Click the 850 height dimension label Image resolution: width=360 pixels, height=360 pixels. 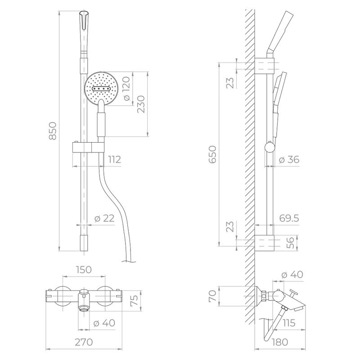(x=53, y=130)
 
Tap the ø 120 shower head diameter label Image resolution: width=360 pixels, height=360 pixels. (x=126, y=89)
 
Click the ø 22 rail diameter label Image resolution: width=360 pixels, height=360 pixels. (x=104, y=219)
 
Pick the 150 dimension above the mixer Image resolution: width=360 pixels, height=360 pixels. (x=84, y=270)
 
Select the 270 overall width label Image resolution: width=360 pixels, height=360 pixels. (x=84, y=342)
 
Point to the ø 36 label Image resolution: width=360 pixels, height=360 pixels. (x=289, y=160)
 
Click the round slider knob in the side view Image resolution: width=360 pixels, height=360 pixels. (x=270, y=147)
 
